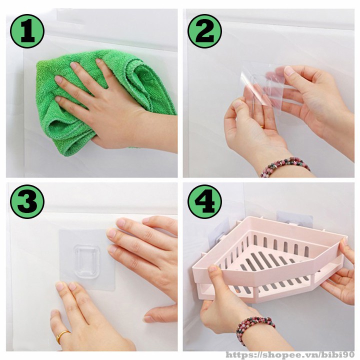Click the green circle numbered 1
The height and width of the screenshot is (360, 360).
[x=27, y=31]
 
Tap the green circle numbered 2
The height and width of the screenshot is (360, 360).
[x=204, y=31]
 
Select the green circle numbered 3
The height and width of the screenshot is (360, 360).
[x=27, y=202]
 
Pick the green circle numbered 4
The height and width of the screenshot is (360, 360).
[x=204, y=202]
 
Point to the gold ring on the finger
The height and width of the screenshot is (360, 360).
[x=62, y=336]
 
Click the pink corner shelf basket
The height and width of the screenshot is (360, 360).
[x=268, y=259]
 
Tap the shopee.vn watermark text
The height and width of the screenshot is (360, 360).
[x=291, y=355]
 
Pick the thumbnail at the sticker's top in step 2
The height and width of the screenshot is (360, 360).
[x=289, y=70]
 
